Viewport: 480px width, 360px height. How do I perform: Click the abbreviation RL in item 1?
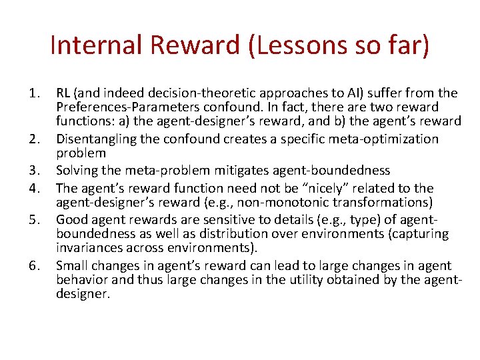coord(65,93)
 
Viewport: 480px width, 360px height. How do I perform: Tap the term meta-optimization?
coord(388,139)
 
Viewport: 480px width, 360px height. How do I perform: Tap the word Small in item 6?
coord(72,265)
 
